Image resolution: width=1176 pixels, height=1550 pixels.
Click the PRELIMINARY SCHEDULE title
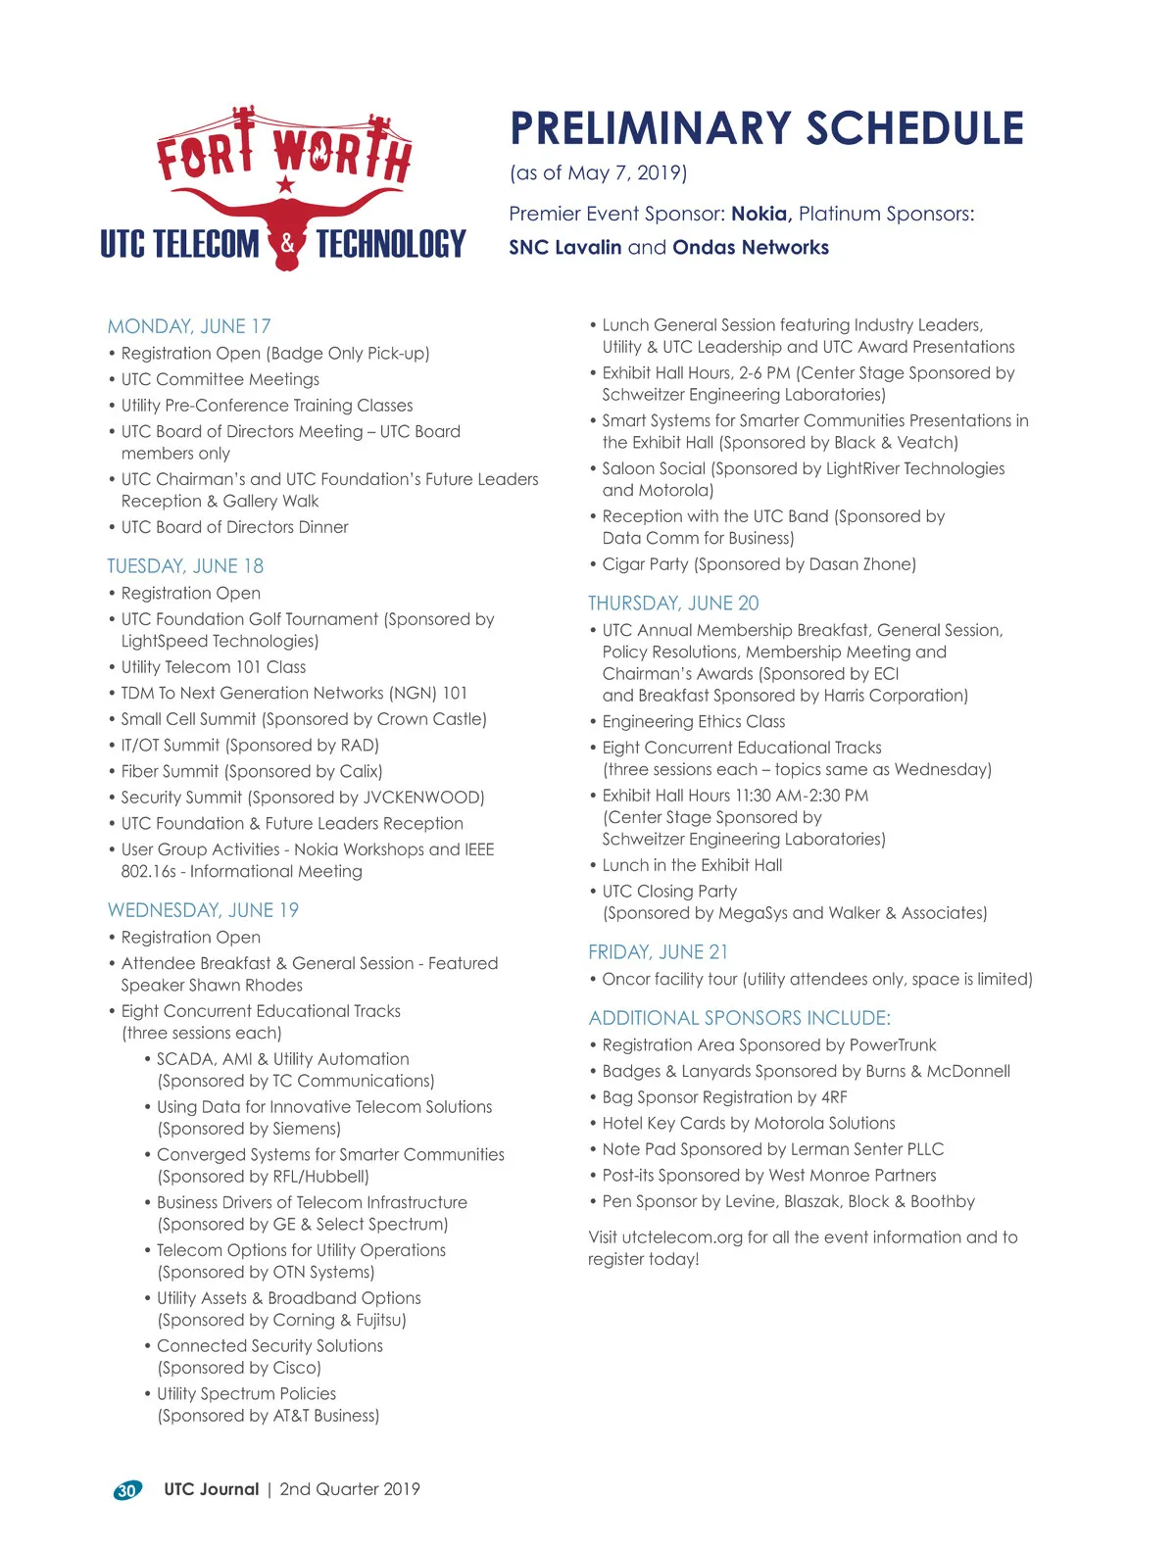tap(766, 128)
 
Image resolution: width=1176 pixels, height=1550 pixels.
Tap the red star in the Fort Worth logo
tap(285, 184)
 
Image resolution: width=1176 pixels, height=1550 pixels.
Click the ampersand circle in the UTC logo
tap(287, 243)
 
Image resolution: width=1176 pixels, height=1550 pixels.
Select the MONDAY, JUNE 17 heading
tap(189, 326)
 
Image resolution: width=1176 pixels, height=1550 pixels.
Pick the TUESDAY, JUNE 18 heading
tap(185, 566)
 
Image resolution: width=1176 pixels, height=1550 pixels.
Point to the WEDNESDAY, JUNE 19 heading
tap(203, 910)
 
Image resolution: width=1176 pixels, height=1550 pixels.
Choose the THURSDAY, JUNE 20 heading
tap(673, 604)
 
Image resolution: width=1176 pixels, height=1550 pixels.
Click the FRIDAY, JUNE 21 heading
tap(658, 952)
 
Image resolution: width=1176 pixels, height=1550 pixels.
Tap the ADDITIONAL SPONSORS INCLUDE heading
tap(739, 1018)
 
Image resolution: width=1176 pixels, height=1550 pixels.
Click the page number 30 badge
tap(127, 1490)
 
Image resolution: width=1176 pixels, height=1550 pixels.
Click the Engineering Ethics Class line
tap(694, 722)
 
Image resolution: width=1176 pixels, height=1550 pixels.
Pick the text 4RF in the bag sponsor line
tap(834, 1097)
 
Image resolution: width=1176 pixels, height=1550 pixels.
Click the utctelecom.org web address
tap(682, 1237)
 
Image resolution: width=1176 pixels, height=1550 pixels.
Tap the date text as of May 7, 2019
tap(598, 173)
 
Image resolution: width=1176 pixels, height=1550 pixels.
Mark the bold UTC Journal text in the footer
tap(212, 1489)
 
